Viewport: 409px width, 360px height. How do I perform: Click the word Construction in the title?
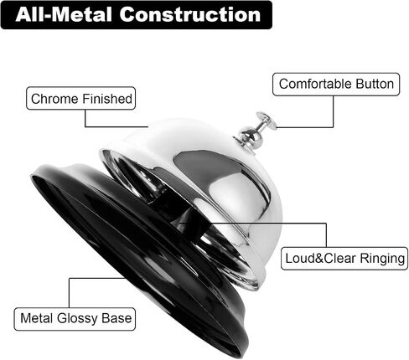pos(190,14)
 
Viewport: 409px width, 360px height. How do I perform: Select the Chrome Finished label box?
pos(81,98)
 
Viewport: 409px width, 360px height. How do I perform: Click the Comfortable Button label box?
pos(336,85)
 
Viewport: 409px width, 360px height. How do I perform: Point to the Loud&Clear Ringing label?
pos(344,259)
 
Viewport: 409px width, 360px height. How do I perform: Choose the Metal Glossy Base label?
pos(75,319)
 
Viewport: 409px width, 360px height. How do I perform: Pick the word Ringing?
pos(382,259)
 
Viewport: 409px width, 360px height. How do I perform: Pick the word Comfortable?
pos(315,84)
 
